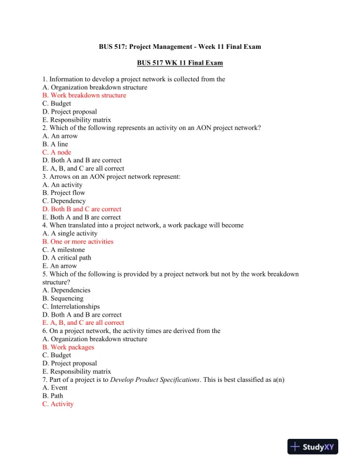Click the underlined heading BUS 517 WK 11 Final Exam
pos(180,62)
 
